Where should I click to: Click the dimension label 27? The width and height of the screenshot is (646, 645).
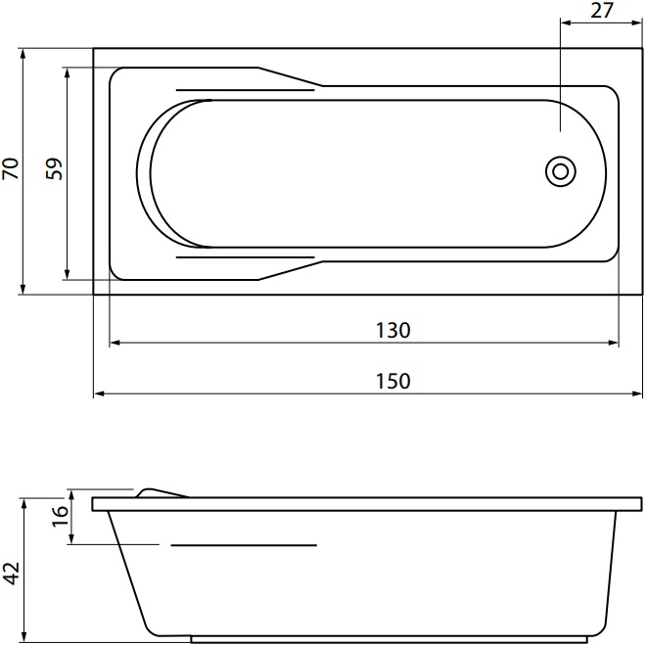pos(602,11)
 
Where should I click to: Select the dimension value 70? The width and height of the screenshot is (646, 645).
pos(11,168)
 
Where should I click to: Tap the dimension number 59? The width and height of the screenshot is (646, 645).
pos(54,168)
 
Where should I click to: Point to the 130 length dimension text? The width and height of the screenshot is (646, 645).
pos(393,330)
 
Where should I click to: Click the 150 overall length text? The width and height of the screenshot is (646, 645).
pos(393,382)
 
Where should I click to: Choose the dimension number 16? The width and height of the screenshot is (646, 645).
pos(60,516)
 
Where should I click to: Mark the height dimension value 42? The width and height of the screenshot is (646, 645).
pos(11,573)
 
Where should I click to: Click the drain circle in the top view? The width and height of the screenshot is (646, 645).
pos(561,171)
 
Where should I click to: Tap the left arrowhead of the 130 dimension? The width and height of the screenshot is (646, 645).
pos(115,343)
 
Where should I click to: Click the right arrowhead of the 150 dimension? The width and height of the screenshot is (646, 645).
pos(637,394)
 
